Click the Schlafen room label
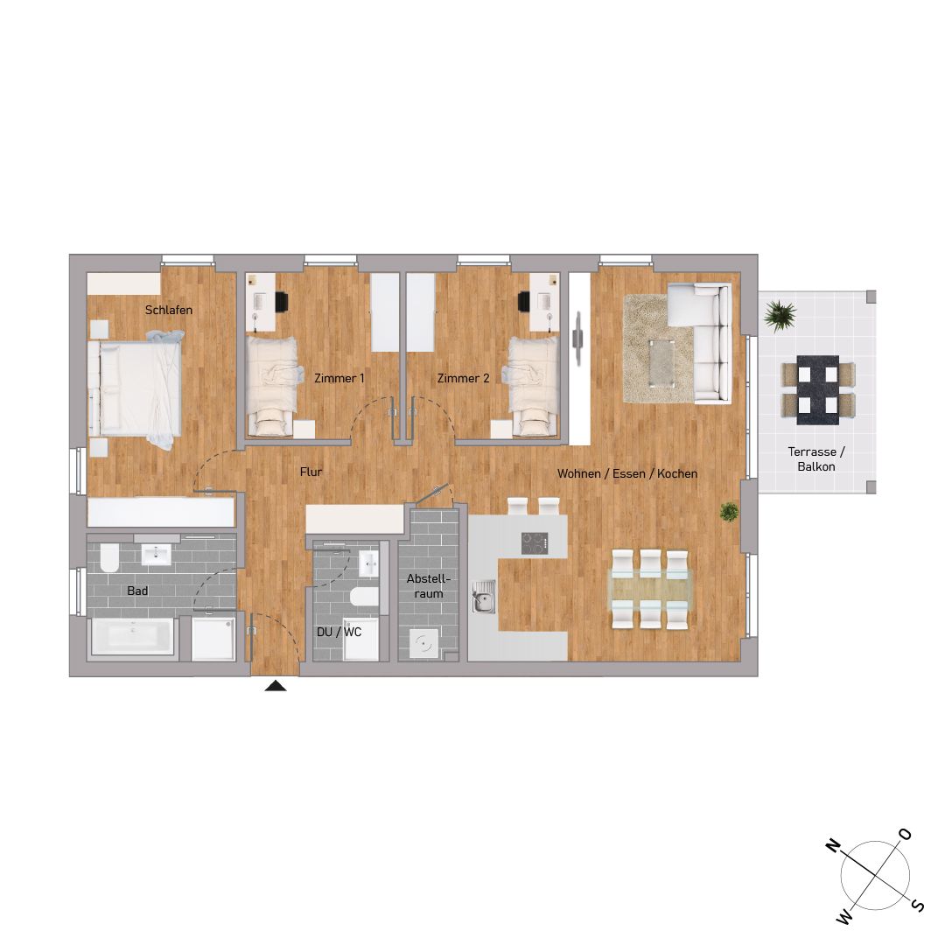(169, 310)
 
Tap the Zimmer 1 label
(339, 379)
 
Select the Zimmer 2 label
(464, 379)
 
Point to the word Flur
(311, 472)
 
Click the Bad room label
(137, 591)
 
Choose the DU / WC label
(339, 632)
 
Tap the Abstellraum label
(429, 585)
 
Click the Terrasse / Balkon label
(816, 459)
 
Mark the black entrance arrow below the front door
(276, 685)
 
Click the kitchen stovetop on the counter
(535, 543)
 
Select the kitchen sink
(483, 598)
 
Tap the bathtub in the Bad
(133, 636)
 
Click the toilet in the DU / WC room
(365, 596)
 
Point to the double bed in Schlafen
(135, 389)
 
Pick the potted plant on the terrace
(780, 315)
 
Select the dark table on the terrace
(818, 390)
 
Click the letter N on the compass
(832, 846)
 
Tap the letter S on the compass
(917, 905)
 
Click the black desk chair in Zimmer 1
(282, 302)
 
